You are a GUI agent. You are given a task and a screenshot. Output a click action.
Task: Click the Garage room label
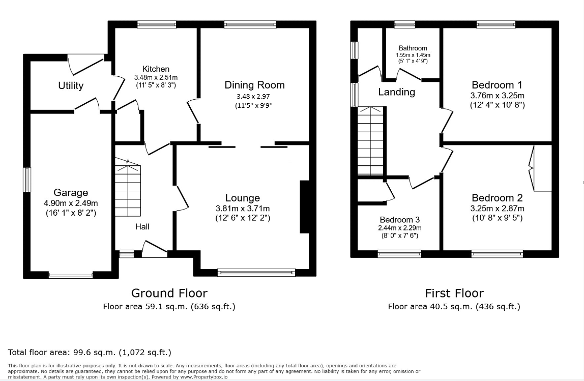point(71,193)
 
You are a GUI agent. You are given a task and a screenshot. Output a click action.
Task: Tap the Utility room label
point(71,85)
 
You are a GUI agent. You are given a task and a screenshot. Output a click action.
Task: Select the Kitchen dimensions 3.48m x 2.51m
point(156,77)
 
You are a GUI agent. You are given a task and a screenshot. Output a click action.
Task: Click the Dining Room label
point(254,85)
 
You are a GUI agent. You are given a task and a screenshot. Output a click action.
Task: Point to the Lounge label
point(243,198)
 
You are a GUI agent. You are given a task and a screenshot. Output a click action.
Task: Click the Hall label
point(142,226)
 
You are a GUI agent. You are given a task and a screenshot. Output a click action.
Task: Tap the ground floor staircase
point(128,188)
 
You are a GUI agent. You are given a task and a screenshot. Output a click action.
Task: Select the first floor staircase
point(370,141)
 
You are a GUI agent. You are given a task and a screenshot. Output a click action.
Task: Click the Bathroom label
point(413,48)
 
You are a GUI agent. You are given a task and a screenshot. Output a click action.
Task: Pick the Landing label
point(397,92)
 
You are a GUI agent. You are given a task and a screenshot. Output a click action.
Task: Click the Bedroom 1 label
point(497,85)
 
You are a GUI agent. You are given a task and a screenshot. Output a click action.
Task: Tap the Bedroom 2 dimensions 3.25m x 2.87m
point(497,209)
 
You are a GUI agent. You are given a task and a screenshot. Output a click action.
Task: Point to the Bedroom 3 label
point(400,220)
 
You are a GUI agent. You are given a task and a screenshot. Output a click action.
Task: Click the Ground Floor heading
point(169,293)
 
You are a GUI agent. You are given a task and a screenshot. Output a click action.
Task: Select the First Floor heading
point(454,293)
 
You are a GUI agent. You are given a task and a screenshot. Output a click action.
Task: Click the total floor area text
point(90,353)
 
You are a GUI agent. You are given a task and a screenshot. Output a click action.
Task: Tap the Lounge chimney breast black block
point(305,207)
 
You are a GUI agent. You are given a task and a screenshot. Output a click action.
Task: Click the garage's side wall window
point(27,180)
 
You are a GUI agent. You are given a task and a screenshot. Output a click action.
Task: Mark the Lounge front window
point(256,273)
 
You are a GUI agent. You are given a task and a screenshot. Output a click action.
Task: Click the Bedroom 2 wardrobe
point(540,168)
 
